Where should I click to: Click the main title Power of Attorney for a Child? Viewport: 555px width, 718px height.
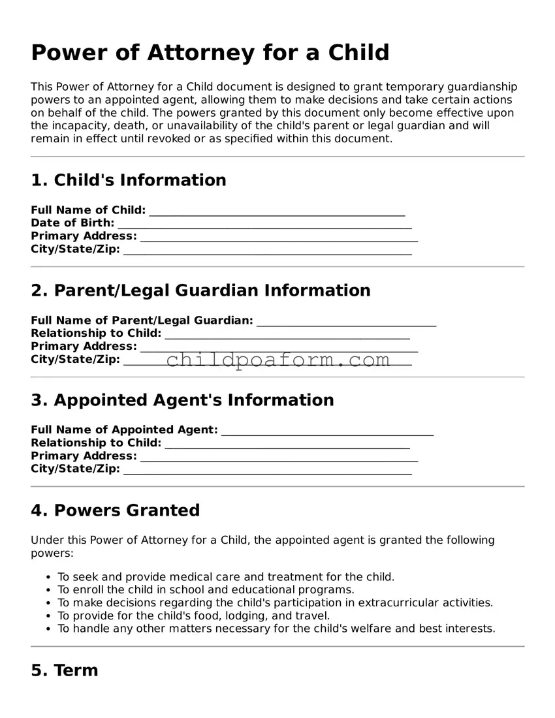[x=210, y=53]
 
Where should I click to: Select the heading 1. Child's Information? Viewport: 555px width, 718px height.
[x=129, y=180]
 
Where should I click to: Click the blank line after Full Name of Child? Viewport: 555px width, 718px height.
[x=277, y=211]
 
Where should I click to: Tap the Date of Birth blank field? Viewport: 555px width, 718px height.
[x=264, y=224]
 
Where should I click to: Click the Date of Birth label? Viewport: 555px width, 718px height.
[x=72, y=223]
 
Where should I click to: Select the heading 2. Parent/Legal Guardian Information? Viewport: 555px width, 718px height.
[x=200, y=290]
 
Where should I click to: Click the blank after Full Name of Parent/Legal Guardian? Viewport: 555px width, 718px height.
[x=346, y=320]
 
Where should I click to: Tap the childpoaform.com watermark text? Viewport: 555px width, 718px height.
[x=278, y=360]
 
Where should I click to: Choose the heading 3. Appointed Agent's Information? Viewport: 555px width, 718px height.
[x=182, y=400]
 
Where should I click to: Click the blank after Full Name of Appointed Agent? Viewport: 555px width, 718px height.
[x=327, y=430]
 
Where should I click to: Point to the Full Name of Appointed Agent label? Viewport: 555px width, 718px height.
[x=124, y=429]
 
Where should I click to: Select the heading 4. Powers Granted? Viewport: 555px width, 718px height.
[x=115, y=510]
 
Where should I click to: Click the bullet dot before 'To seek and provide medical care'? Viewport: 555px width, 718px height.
[x=49, y=578]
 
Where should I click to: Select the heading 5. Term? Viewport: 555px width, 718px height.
[x=64, y=670]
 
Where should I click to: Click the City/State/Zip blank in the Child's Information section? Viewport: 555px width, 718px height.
[x=267, y=250]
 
